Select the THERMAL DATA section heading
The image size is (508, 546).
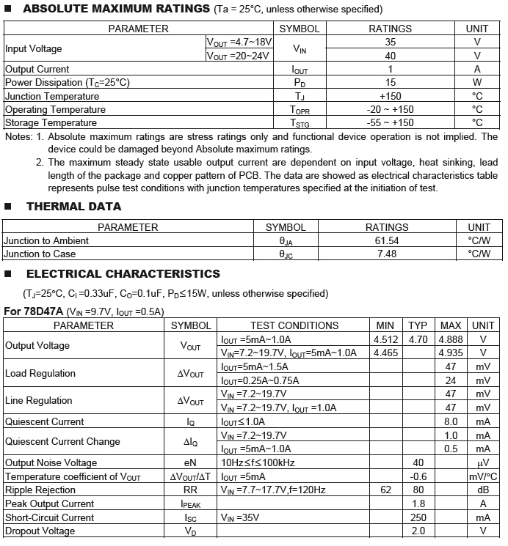(73, 207)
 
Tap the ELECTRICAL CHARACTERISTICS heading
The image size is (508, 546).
(123, 274)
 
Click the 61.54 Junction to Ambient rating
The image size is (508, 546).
(387, 240)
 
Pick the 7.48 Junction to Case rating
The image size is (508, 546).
(387, 254)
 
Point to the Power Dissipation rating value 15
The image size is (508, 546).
(390, 83)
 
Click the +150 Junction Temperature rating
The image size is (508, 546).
(390, 96)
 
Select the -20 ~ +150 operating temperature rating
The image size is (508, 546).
(390, 109)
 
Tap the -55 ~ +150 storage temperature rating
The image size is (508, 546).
(390, 122)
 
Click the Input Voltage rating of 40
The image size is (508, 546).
(390, 56)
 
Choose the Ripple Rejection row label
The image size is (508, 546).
(40, 490)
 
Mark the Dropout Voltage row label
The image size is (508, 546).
(40, 531)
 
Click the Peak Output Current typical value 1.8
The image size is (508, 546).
(418, 503)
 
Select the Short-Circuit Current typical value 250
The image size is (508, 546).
(418, 517)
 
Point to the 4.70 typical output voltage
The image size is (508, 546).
(418, 339)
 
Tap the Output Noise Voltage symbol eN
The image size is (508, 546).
(191, 462)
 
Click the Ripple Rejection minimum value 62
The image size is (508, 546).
(385, 490)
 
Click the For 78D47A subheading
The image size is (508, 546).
(33, 311)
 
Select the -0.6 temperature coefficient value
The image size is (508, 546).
(418, 476)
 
